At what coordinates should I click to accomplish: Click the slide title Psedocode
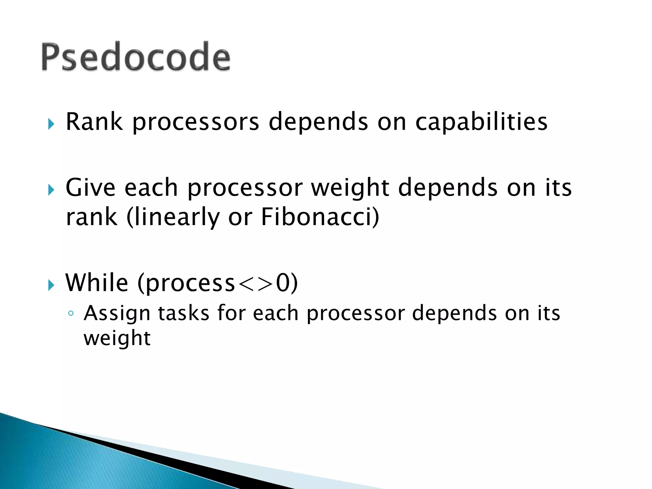pyautogui.click(x=136, y=57)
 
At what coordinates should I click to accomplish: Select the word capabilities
pyautogui.click(x=481, y=122)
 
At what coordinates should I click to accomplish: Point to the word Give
pyautogui.click(x=90, y=188)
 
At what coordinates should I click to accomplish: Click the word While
pyautogui.click(x=97, y=283)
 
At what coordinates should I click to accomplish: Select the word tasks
pyautogui.click(x=184, y=313)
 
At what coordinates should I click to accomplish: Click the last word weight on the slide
pyautogui.click(x=117, y=339)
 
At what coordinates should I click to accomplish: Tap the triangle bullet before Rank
pyautogui.click(x=51, y=124)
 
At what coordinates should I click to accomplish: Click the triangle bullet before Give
pyautogui.click(x=51, y=190)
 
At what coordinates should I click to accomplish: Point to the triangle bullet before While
pyautogui.click(x=51, y=285)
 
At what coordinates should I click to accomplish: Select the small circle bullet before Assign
pyautogui.click(x=71, y=314)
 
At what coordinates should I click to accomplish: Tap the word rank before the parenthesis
pyautogui.click(x=92, y=217)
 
